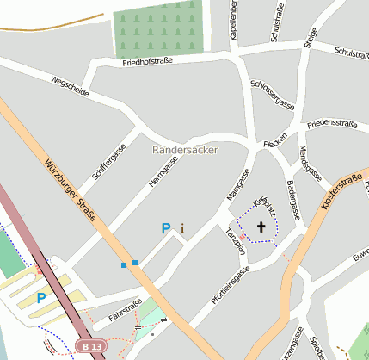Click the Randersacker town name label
click(185, 150)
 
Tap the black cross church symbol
click(261, 227)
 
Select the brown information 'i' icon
click(182, 228)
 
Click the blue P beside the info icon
click(166, 228)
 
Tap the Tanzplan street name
click(235, 242)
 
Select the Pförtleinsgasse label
click(229, 286)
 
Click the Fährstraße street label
click(124, 307)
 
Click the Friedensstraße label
click(331, 124)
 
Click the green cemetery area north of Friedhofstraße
click(160, 28)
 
